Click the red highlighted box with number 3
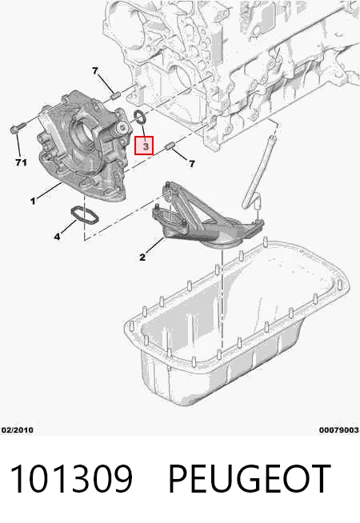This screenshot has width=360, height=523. [144, 146]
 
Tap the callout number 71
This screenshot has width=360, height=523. [21, 162]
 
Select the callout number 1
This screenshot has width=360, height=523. [33, 202]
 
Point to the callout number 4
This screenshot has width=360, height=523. [57, 237]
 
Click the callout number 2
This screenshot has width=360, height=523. [142, 258]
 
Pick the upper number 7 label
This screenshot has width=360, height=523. [95, 70]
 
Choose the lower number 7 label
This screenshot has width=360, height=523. [192, 163]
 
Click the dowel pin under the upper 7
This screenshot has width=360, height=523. [115, 96]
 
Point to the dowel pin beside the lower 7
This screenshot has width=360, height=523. [170, 146]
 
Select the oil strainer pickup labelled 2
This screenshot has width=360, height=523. [207, 217]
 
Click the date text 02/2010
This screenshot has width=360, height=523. [18, 430]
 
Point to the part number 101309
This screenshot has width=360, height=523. [72, 479]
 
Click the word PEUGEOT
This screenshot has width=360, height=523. [250, 479]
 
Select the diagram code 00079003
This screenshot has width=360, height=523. [339, 430]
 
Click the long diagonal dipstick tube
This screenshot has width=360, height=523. [258, 172]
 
